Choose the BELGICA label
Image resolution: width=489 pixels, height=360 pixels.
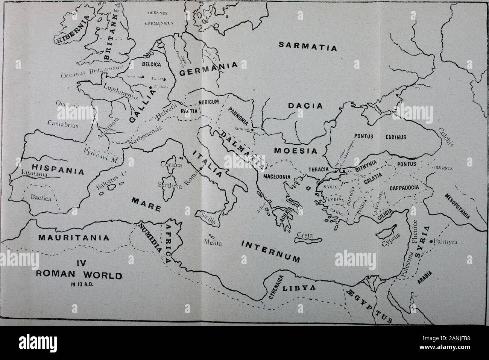pos(151,65)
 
